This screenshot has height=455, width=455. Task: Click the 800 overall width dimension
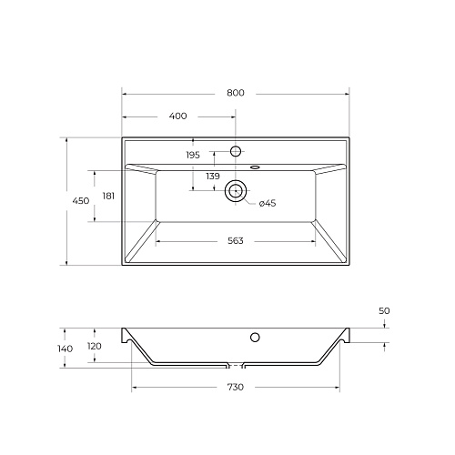tap(236, 93)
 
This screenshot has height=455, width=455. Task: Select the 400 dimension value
tap(177, 116)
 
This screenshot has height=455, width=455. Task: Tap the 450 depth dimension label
tap(81, 200)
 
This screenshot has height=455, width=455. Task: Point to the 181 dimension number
tap(108, 197)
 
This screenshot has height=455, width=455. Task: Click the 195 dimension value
tap(193, 155)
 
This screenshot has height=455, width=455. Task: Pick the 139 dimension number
tap(213, 176)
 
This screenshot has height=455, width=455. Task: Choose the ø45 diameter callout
tap(268, 203)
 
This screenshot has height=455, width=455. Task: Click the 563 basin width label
tap(236, 241)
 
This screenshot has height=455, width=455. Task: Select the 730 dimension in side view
tap(236, 387)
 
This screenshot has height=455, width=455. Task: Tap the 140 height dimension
tap(66, 349)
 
